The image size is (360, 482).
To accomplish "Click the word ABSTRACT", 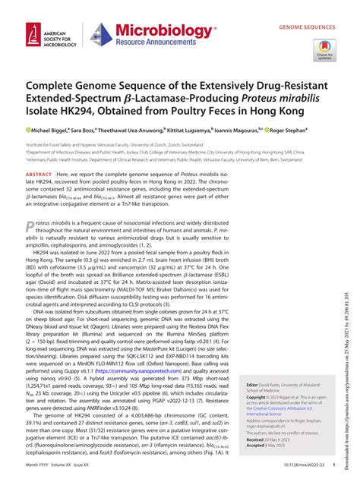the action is [x=40, y=174].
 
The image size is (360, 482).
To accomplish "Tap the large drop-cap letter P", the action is [x=30, y=228].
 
